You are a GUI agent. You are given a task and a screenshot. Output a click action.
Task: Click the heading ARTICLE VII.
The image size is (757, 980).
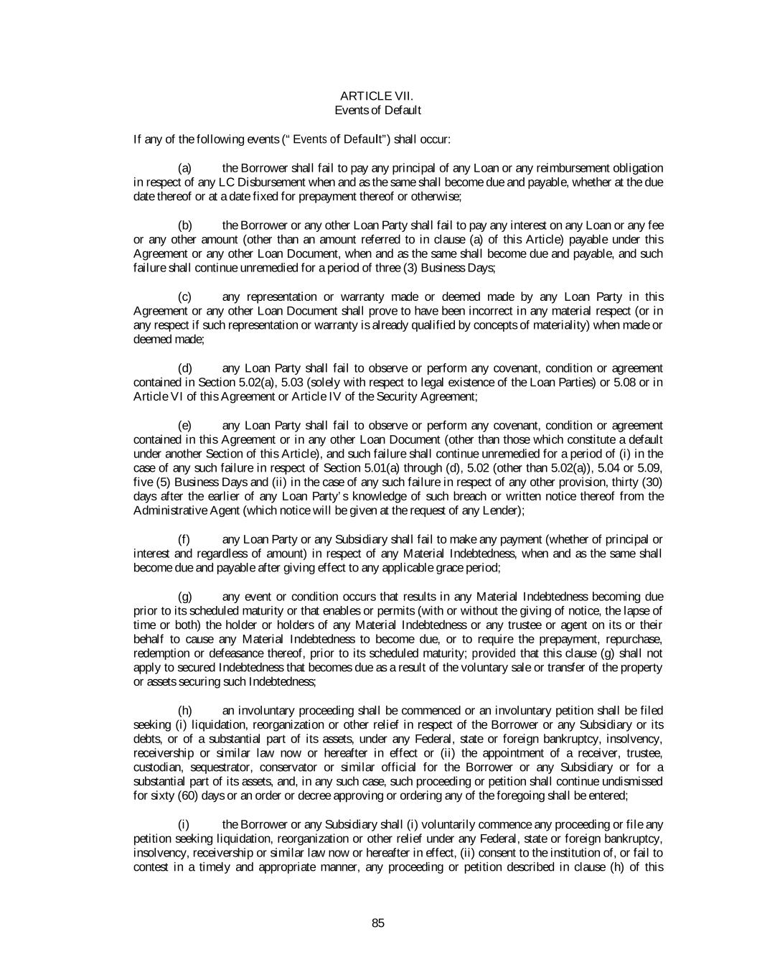[x=377, y=96]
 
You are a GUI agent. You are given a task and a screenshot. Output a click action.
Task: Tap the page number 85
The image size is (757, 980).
[x=378, y=923]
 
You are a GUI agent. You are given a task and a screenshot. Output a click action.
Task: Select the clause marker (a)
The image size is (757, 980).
[x=184, y=168]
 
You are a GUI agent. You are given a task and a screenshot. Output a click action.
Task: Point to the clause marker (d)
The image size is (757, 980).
[x=184, y=368]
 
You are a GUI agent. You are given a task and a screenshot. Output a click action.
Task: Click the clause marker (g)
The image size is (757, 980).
[x=184, y=597]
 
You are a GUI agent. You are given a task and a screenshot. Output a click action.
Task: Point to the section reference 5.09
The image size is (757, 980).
[x=651, y=467]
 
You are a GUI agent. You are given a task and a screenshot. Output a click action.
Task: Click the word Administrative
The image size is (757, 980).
[x=167, y=510]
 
